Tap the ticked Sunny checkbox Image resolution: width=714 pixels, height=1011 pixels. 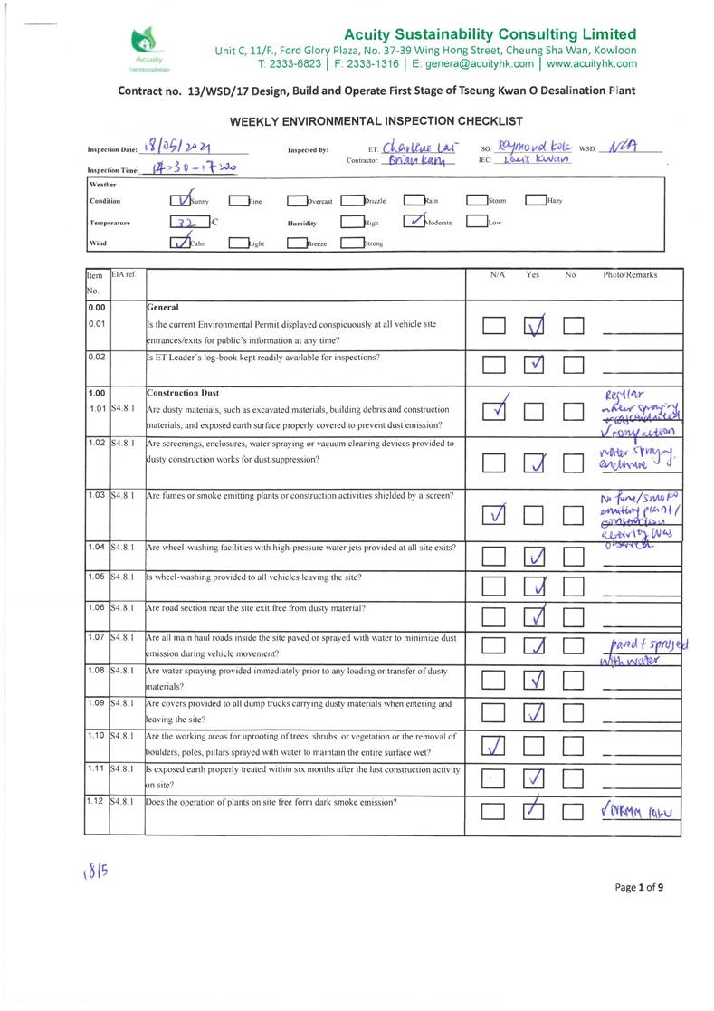click(183, 201)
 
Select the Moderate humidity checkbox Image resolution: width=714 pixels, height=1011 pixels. click(414, 222)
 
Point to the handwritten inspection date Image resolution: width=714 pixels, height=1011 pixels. click(180, 149)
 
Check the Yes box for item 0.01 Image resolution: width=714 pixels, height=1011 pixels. click(534, 323)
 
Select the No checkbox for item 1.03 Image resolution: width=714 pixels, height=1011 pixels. click(574, 516)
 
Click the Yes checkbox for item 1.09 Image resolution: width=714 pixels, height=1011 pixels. click(534, 713)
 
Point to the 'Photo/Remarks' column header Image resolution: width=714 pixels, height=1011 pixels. click(630, 273)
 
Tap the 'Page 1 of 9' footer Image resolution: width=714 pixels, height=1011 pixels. click(638, 887)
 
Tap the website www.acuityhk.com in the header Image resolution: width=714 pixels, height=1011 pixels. click(591, 64)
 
